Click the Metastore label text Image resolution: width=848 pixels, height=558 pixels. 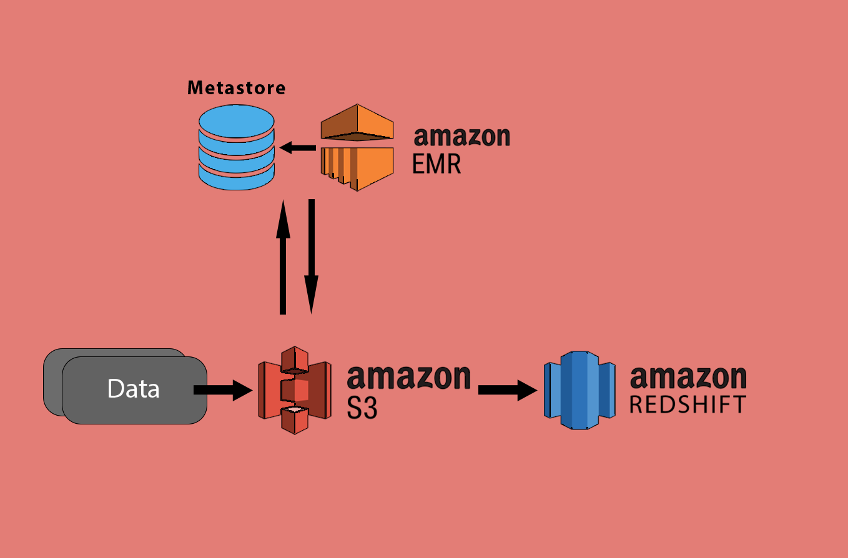click(237, 87)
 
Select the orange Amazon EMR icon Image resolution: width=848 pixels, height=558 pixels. click(357, 148)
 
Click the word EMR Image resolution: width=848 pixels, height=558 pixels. click(436, 164)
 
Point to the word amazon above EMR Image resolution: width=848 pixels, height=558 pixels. click(462, 135)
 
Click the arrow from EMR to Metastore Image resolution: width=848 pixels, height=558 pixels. click(298, 148)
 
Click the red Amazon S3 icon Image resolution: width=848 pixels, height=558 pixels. click(295, 390)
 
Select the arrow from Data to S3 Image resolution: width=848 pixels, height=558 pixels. click(222, 390)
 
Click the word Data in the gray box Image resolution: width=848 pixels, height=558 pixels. click(134, 389)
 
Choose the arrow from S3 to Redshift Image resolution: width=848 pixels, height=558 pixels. click(507, 390)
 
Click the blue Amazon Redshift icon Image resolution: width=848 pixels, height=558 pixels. click(579, 390)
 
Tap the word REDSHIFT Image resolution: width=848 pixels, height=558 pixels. click(688, 404)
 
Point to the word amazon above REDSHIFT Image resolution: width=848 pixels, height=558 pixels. click(688, 378)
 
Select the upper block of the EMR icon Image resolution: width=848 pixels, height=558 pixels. click(357, 122)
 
